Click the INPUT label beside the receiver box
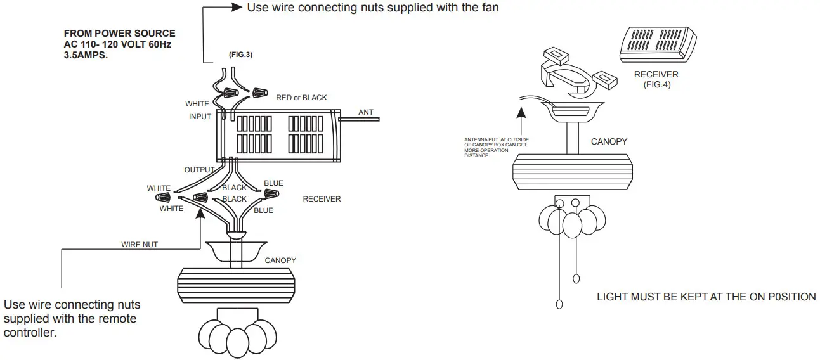(200, 117)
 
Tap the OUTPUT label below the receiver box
(199, 170)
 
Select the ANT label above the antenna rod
(366, 112)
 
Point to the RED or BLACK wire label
(301, 98)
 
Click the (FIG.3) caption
(241, 55)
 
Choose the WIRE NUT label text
(140, 244)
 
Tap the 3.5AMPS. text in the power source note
(86, 55)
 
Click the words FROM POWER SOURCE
(120, 34)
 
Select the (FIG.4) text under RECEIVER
(656, 85)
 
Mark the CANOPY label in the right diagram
(609, 141)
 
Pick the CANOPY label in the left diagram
(280, 260)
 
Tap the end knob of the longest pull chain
(559, 304)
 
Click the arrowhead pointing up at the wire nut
(201, 211)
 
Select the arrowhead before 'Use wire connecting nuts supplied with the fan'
(236, 8)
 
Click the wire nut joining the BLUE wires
(271, 193)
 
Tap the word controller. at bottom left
(30, 332)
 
